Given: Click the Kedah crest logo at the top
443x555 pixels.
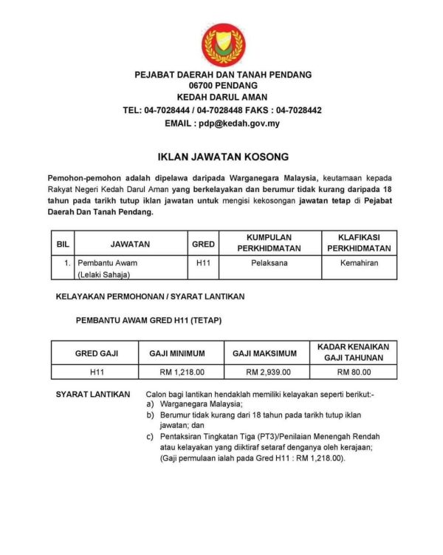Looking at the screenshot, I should (x=223, y=44).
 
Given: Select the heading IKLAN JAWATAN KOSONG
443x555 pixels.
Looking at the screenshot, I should (x=223, y=157).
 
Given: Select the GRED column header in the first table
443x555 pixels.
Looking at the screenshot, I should (x=203, y=243).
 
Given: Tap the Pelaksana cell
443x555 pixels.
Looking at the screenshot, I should (x=264, y=262).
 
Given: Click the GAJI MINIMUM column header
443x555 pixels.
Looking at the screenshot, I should (x=177, y=353).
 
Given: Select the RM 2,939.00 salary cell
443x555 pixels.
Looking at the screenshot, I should (x=268, y=372).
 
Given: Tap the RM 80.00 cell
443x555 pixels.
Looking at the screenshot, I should (x=354, y=372).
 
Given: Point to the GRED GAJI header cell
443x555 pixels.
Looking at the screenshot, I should (x=96, y=353).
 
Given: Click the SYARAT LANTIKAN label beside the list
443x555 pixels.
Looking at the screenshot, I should (x=93, y=395).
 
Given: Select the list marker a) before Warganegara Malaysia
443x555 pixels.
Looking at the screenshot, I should (x=151, y=404).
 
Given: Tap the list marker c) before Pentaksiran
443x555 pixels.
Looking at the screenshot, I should (x=151, y=437).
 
